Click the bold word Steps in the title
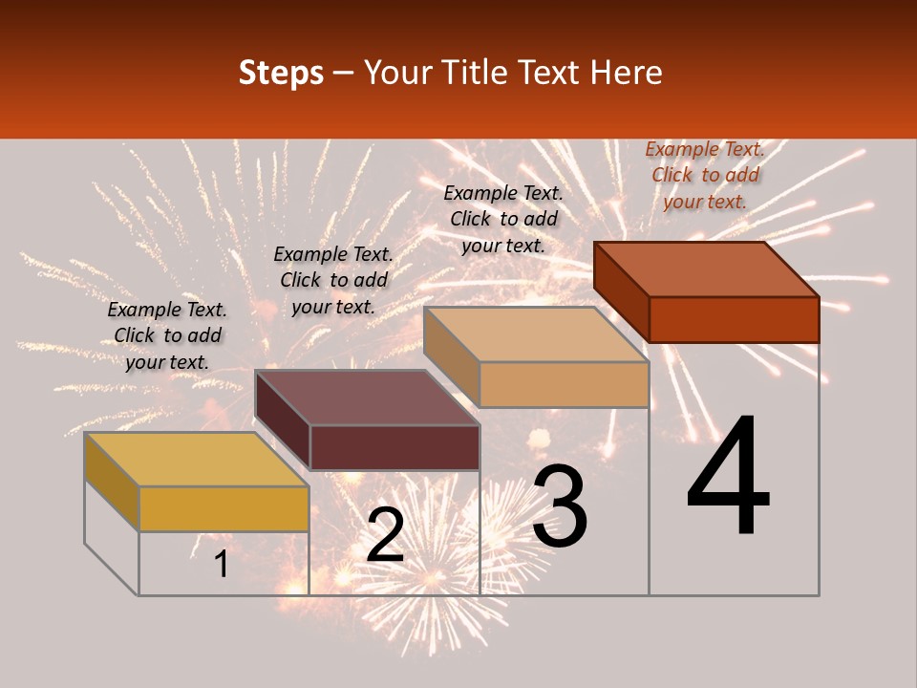pyautogui.click(x=281, y=73)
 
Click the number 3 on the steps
pyautogui.click(x=560, y=506)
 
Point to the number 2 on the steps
pyautogui.click(x=385, y=535)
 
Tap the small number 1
pyautogui.click(x=222, y=565)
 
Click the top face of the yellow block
pyautogui.click(x=196, y=459)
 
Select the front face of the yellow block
pyautogui.click(x=224, y=508)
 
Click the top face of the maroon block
pyautogui.click(x=367, y=397)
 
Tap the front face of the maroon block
pyautogui.click(x=395, y=447)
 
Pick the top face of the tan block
pyautogui.click(x=536, y=334)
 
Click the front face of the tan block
pyautogui.click(x=564, y=384)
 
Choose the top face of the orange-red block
pyautogui.click(x=707, y=269)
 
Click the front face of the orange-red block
pyautogui.click(x=734, y=319)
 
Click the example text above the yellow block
pyautogui.click(x=167, y=335)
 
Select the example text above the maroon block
pyautogui.click(x=333, y=280)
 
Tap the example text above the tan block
pyautogui.click(x=503, y=219)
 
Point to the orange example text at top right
pyautogui.click(x=705, y=175)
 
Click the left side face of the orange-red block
pyautogui.click(x=621, y=290)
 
